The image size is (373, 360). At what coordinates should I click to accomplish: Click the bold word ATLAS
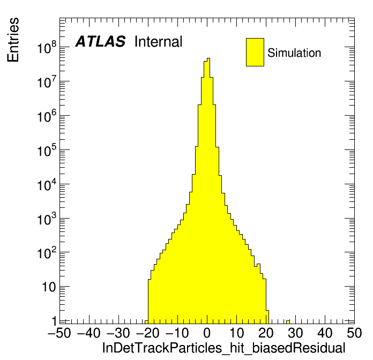click(x=100, y=42)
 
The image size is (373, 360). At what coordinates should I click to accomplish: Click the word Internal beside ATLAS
click(x=158, y=42)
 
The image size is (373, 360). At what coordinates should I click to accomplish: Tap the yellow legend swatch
click(x=255, y=52)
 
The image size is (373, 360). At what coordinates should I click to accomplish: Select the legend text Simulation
click(x=294, y=53)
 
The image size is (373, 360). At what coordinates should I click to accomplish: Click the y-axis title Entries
click(x=13, y=40)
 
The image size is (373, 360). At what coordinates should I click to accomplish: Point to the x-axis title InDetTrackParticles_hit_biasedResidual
click(x=223, y=348)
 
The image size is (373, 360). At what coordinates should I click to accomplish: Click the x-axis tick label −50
click(x=59, y=333)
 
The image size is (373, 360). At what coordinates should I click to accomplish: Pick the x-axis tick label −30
click(x=118, y=333)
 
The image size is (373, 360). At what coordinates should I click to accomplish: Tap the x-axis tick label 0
click(x=207, y=333)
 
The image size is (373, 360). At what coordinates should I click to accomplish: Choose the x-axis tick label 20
click(x=266, y=333)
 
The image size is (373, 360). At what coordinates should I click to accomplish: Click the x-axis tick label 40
click(x=325, y=333)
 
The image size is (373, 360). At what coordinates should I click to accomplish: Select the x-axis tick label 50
click(x=353, y=333)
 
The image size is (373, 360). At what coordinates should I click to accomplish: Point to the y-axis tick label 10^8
click(x=48, y=49)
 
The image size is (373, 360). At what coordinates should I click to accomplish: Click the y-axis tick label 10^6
click(x=48, y=117)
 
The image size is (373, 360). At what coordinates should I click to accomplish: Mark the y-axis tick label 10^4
click(x=48, y=185)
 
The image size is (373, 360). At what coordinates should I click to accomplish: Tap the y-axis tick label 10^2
click(x=48, y=253)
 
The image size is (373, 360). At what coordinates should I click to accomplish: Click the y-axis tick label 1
click(x=54, y=321)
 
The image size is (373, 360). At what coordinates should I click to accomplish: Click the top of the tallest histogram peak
click(x=208, y=58)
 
